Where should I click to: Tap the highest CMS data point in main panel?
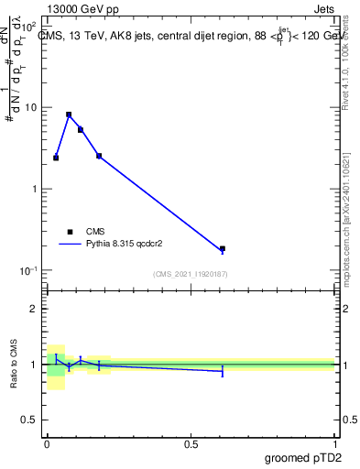pyautogui.click(x=69, y=115)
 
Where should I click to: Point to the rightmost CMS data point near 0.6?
pyautogui.click(x=223, y=248)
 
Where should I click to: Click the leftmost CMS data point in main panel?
pyautogui.click(x=56, y=158)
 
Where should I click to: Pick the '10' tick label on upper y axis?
pyautogui.click(x=32, y=107)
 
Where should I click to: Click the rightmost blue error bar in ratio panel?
pyautogui.click(x=223, y=371)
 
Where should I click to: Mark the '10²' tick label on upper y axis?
pyautogui.click(x=30, y=26)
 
